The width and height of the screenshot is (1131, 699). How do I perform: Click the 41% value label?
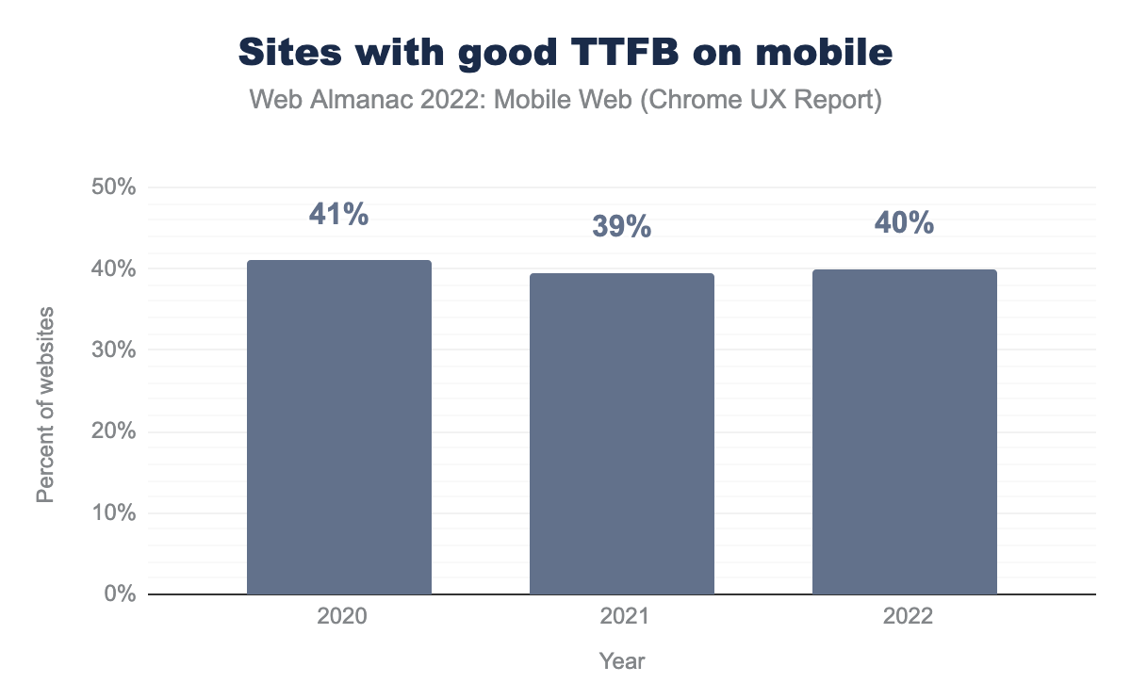(x=339, y=215)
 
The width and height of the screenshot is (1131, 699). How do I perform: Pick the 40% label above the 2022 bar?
(x=905, y=223)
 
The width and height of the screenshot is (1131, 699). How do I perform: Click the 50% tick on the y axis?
(x=113, y=187)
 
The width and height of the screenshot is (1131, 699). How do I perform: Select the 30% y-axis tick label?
(x=113, y=350)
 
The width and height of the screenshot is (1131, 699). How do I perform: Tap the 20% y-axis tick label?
(x=113, y=431)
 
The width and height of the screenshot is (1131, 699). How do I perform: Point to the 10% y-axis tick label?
(x=113, y=513)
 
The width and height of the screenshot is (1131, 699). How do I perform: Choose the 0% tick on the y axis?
(x=119, y=594)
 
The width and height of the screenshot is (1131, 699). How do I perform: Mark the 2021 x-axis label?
(x=622, y=618)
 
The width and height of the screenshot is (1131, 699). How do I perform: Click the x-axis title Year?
(x=622, y=661)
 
